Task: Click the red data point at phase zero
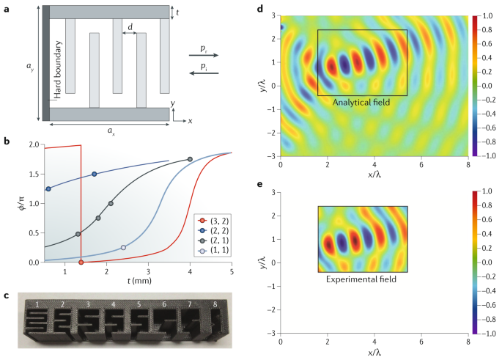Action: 81,262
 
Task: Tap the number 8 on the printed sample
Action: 215,303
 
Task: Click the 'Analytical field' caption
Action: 361,103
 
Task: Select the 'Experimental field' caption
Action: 361,279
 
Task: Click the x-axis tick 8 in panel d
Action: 467,165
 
